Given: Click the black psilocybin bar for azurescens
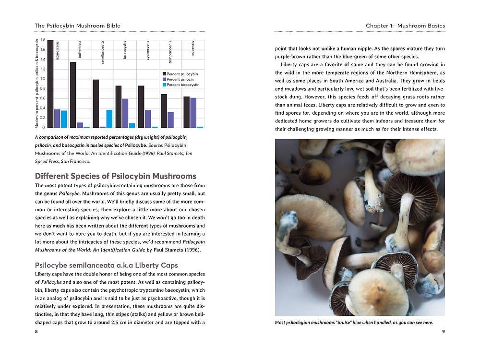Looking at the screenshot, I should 50,84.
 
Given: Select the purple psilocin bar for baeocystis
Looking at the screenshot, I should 125,113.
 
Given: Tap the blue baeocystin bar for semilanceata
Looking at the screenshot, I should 109,119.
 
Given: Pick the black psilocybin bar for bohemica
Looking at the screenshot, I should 73,95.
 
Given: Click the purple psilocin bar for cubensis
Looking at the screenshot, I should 193,113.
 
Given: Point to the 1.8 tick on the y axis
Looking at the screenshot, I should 43,40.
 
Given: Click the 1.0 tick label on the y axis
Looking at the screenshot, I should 43,79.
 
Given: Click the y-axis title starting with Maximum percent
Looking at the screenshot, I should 37,84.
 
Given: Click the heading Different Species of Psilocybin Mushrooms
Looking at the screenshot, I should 116,176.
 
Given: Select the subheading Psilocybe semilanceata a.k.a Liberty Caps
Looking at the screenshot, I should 107,265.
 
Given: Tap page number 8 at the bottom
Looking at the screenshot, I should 36,332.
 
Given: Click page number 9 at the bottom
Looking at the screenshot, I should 443,332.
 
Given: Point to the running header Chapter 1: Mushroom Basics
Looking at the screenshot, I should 405,25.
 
